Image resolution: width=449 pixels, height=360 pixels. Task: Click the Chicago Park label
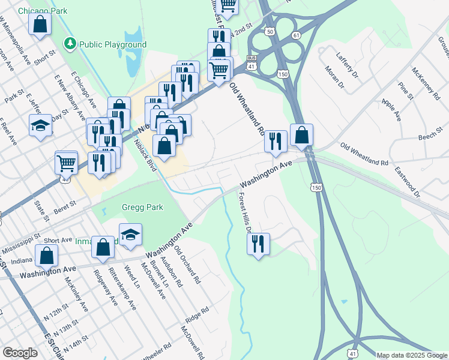click(x=43, y=11)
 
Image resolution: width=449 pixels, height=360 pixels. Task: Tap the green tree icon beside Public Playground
click(x=70, y=44)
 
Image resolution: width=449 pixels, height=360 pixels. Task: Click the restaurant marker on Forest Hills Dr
click(x=259, y=243)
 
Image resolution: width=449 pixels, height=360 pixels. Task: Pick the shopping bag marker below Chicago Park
click(x=40, y=24)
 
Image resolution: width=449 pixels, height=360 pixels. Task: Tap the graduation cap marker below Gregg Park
click(x=130, y=235)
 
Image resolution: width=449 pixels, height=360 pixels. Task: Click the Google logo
click(x=20, y=352)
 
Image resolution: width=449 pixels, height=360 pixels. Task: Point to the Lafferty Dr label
click(x=348, y=65)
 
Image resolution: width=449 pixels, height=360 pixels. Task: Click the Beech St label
click(x=430, y=137)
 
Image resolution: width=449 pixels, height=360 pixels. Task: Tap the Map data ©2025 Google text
click(x=412, y=355)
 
